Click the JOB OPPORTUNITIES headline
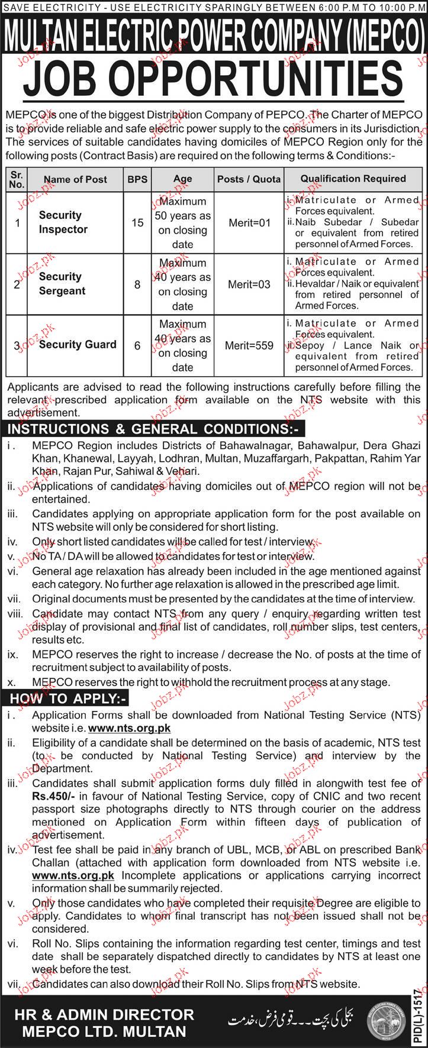[214, 75]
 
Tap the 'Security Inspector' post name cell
[63, 222]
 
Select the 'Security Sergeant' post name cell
[62, 284]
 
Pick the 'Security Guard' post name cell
[78, 345]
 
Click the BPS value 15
[137, 222]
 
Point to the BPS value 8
[137, 284]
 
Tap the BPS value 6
[137, 345]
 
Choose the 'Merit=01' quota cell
[249, 222]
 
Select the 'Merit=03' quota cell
[249, 284]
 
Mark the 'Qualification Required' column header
[353, 178]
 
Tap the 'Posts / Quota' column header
[249, 179]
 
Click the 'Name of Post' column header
[76, 179]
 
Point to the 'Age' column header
[182, 179]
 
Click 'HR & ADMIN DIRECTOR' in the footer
[102, 999]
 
